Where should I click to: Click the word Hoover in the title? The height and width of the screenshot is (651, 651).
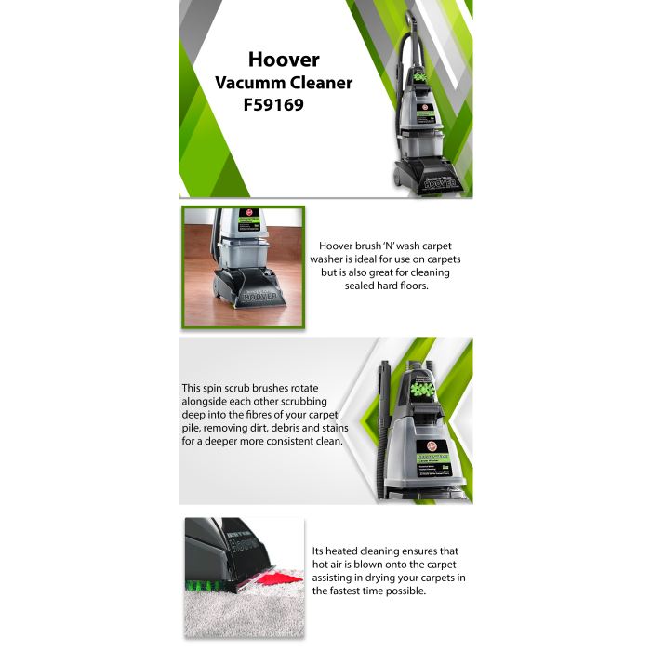click(284, 60)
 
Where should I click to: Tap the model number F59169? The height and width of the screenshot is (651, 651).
click(273, 104)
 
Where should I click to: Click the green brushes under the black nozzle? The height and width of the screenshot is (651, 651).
click(206, 586)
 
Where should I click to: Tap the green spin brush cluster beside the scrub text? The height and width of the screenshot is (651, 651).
click(422, 391)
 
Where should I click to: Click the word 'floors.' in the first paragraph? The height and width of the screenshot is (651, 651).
click(413, 286)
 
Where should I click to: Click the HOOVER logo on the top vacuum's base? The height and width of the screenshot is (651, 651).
click(440, 183)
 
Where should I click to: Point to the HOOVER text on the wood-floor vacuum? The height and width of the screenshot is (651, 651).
click(259, 297)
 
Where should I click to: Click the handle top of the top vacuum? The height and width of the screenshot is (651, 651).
click(411, 18)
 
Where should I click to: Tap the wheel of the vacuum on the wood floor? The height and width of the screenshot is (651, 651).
click(217, 286)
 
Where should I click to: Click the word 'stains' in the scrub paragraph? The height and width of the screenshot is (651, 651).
click(333, 428)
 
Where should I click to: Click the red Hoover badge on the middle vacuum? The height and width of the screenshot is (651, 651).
click(432, 446)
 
